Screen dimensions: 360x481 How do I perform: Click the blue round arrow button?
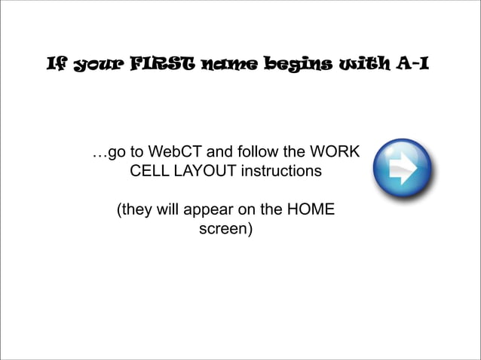[x=402, y=169]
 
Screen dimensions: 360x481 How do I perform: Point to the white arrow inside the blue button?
[x=406, y=169]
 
